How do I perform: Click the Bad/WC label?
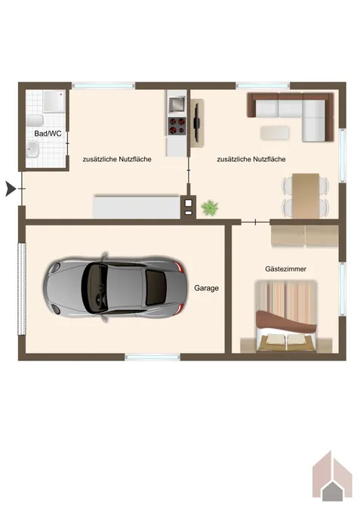(48, 133)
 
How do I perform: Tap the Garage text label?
(206, 288)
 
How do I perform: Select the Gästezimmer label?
(285, 269)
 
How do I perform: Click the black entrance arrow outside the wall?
(11, 189)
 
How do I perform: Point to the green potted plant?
(210, 208)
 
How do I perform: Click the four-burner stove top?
(177, 126)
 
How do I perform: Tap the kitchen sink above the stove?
(177, 103)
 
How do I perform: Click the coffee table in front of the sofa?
(275, 133)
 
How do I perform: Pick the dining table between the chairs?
(306, 196)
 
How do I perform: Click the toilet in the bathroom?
(35, 121)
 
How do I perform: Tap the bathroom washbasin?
(32, 149)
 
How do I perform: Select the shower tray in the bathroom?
(54, 102)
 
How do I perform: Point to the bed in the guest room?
(286, 316)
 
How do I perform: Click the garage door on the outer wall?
(22, 289)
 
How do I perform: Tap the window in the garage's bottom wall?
(152, 357)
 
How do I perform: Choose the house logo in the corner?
(332, 480)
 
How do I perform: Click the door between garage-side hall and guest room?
(255, 222)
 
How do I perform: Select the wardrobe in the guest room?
(305, 236)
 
